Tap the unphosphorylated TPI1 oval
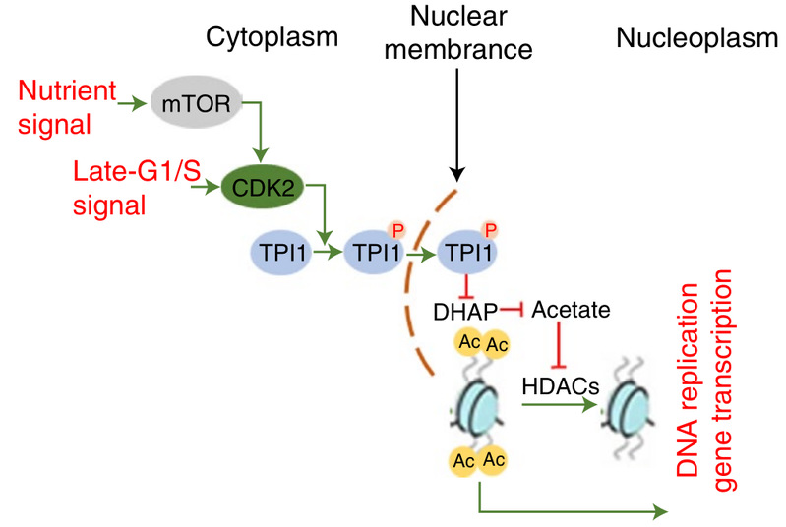coord(286,260)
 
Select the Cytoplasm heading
coord(272,37)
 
